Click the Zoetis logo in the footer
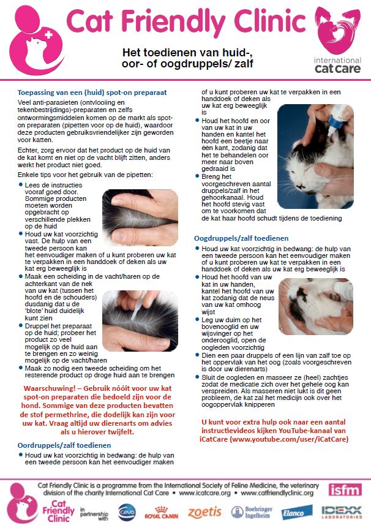point(204,512)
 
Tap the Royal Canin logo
point(161,513)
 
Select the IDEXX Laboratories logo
point(341,512)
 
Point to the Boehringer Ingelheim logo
point(252,512)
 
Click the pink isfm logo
point(345,490)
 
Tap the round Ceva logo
point(127,512)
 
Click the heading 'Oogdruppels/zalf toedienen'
point(241,238)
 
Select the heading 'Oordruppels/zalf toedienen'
point(64,445)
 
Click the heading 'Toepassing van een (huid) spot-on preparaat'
point(92,93)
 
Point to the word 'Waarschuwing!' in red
point(50,388)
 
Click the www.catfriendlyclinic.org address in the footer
point(277,493)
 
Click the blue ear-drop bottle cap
point(334,122)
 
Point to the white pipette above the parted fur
point(138,306)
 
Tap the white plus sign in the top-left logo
point(49,34)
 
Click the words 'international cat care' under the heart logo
point(337,65)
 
